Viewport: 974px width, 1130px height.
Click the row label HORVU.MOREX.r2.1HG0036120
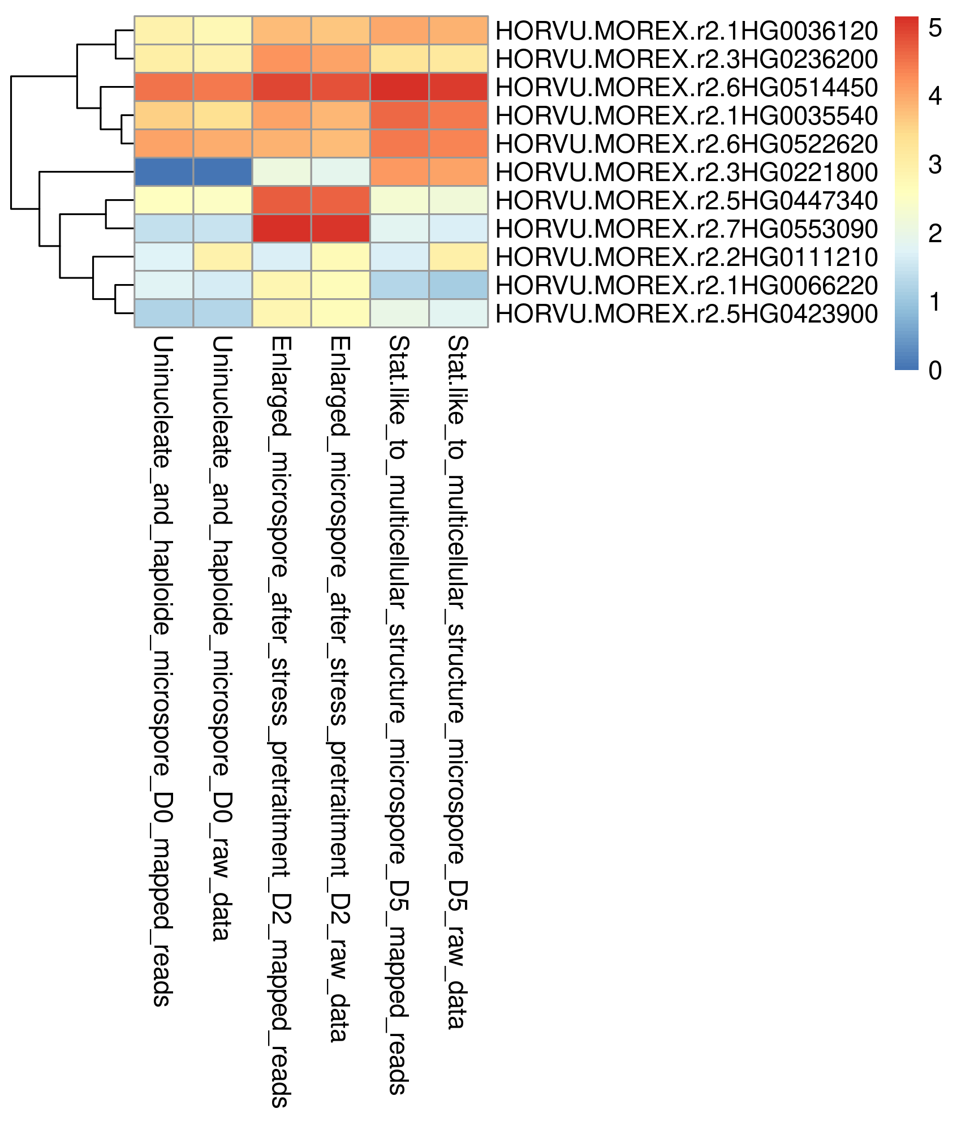(686, 31)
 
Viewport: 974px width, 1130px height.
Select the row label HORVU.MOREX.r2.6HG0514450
(686, 87)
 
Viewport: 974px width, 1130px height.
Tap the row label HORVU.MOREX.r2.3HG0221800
(686, 172)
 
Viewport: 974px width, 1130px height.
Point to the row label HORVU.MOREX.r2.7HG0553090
(686, 229)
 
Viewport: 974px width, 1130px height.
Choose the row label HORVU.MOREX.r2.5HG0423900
(686, 313)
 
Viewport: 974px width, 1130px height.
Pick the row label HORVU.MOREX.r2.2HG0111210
(686, 257)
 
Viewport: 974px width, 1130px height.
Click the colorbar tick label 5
(935, 28)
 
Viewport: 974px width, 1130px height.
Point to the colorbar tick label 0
(935, 370)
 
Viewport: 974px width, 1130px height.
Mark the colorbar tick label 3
(935, 165)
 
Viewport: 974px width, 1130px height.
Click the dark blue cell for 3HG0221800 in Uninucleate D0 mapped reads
(164, 172)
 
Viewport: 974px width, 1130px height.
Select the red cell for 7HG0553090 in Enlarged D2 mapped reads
(282, 229)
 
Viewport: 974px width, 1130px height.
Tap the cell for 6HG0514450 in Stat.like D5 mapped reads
(399, 87)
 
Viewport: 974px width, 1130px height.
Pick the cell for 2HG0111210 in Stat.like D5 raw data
(458, 257)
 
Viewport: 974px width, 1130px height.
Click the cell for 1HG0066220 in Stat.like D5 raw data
(458, 285)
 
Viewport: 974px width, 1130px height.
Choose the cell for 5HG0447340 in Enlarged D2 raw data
(341, 200)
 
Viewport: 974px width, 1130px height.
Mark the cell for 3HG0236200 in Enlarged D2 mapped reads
(282, 59)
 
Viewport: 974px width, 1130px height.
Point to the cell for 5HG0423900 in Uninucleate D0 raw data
(223, 313)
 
